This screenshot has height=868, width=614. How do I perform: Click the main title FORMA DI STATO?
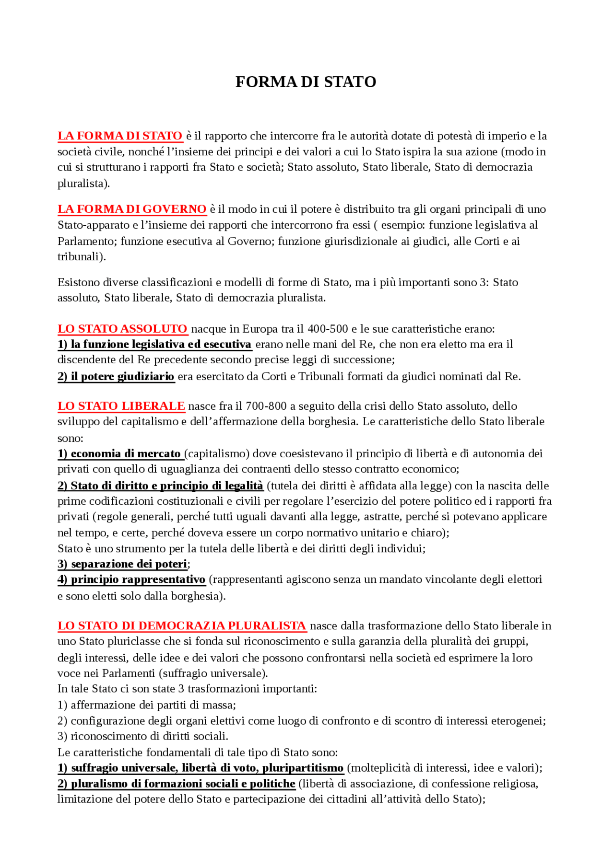pyautogui.click(x=306, y=82)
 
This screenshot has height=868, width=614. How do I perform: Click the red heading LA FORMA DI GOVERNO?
pyautogui.click(x=132, y=209)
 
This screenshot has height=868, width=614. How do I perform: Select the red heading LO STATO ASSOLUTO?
pyautogui.click(x=122, y=329)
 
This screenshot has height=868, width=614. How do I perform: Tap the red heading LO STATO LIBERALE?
pyautogui.click(x=121, y=406)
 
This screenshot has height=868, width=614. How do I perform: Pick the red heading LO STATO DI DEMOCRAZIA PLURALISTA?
pyautogui.click(x=182, y=625)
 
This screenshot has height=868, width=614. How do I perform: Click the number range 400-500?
pyautogui.click(x=328, y=329)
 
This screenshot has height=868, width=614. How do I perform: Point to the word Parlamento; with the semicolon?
pyautogui.click(x=87, y=241)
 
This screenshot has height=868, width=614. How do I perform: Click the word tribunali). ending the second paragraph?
pyautogui.click(x=82, y=256)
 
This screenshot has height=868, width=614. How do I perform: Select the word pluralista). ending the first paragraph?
pyautogui.click(x=83, y=183)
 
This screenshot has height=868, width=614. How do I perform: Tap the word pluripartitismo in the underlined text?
pyautogui.click(x=303, y=768)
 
